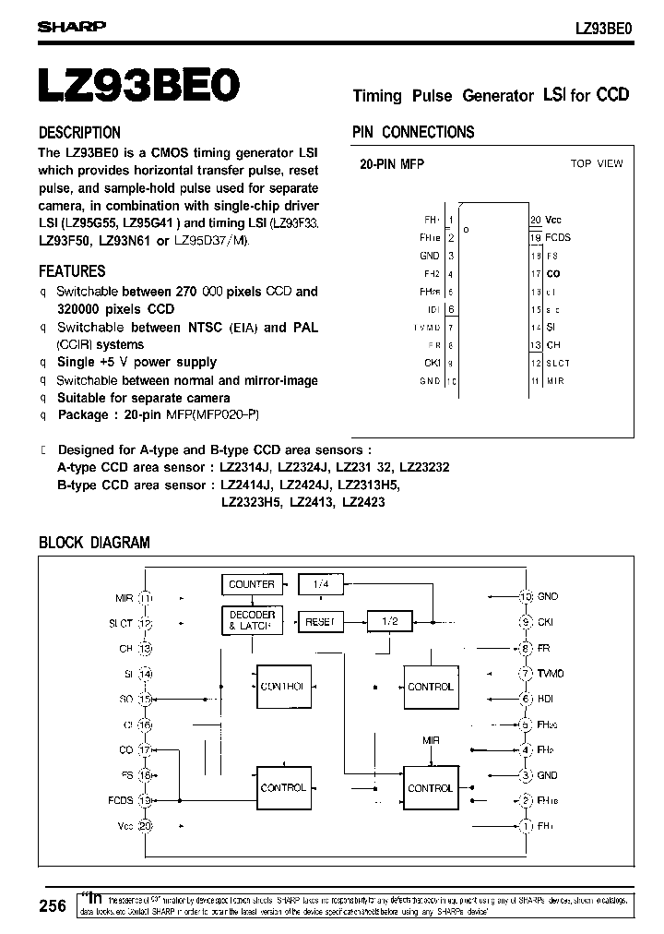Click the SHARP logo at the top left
click(x=72, y=28)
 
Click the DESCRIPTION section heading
click(x=79, y=132)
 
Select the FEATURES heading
click(x=72, y=271)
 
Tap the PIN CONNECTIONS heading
click(x=413, y=132)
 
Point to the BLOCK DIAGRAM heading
click(x=94, y=543)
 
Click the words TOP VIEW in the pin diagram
click(x=597, y=163)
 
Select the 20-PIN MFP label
click(x=391, y=163)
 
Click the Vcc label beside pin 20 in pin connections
click(x=553, y=221)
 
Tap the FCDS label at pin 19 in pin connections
click(x=558, y=237)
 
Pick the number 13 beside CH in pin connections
click(x=535, y=345)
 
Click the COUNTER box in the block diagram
click(x=252, y=584)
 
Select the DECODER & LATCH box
click(x=252, y=620)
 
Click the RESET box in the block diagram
click(x=319, y=622)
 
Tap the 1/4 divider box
click(x=321, y=584)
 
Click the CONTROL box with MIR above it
click(x=430, y=788)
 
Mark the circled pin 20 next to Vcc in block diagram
click(x=145, y=826)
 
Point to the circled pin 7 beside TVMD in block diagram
click(x=526, y=674)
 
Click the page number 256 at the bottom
click(x=53, y=906)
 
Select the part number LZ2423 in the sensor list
click(x=363, y=503)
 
